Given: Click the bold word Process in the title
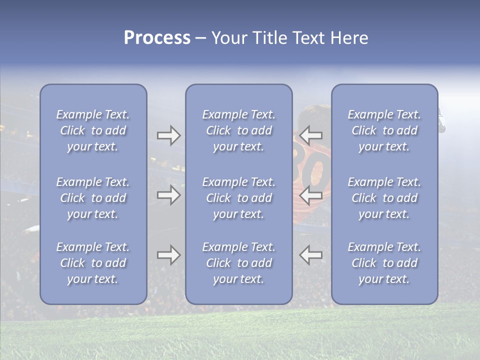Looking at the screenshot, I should click(x=157, y=38).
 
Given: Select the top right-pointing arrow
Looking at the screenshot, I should click(x=168, y=135).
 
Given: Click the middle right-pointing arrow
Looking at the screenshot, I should click(x=168, y=194).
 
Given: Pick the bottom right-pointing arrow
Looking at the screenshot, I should click(x=168, y=255).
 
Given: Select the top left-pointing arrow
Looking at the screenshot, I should click(x=310, y=135).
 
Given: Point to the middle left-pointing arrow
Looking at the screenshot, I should click(x=310, y=194).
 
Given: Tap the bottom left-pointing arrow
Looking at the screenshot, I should click(x=310, y=255).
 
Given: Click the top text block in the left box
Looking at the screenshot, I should click(x=93, y=130).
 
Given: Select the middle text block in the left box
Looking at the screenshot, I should click(x=93, y=198).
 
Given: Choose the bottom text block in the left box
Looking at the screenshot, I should click(x=93, y=263).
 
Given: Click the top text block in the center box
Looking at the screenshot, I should click(x=238, y=130).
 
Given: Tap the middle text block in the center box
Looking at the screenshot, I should click(x=238, y=198).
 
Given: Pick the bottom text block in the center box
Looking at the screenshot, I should click(x=238, y=263).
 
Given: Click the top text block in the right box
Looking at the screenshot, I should click(x=384, y=130).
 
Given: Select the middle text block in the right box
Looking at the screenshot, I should click(x=384, y=198).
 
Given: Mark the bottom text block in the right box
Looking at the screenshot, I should click(x=384, y=263).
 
